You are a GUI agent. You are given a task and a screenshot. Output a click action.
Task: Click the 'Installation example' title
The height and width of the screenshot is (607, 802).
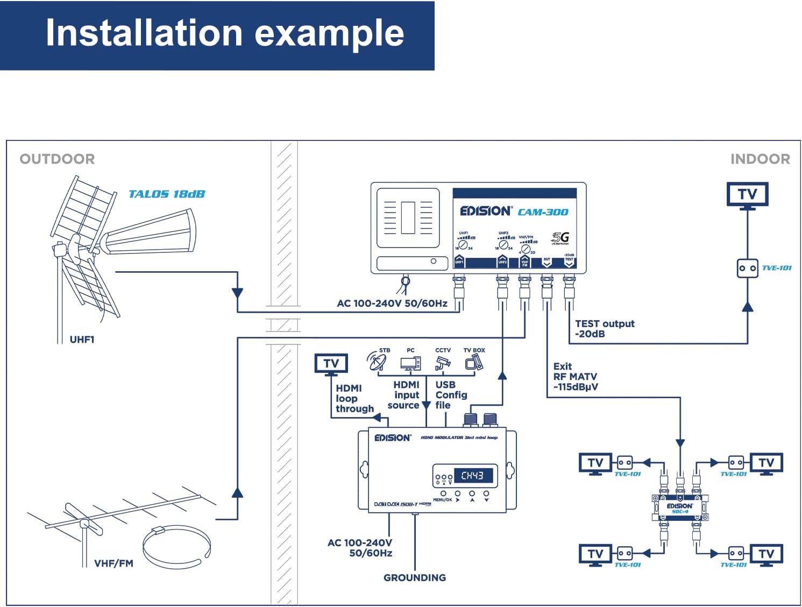pos(224,33)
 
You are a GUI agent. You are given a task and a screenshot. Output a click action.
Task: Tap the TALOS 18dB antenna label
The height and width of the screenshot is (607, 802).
pos(167,194)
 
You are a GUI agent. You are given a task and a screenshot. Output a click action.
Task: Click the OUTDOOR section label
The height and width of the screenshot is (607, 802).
pos(57,159)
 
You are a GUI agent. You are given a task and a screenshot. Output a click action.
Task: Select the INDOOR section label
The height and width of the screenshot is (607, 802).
pos(760,159)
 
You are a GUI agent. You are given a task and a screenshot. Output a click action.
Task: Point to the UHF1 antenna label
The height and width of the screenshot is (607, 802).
pos(82,340)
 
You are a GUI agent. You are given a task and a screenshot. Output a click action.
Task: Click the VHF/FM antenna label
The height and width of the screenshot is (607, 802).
pos(113,563)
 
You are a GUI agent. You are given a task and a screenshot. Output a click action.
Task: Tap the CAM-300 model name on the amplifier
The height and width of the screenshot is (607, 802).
pos(543,212)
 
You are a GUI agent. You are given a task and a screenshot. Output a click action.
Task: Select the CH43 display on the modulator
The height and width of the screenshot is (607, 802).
pos(472,476)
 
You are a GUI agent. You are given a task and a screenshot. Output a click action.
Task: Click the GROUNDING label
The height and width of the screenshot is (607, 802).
pos(414,577)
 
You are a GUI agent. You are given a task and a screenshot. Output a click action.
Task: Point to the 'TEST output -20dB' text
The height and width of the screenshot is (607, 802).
pos(604,328)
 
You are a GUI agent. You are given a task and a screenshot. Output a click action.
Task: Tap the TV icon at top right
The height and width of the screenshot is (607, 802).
pos(747,195)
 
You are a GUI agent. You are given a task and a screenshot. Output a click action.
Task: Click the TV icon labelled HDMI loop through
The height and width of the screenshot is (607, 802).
pos(331,364)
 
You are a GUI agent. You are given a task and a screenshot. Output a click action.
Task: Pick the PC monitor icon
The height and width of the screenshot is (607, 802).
pos(410,364)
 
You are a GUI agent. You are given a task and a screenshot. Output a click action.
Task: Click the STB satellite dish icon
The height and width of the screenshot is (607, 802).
pos(377,362)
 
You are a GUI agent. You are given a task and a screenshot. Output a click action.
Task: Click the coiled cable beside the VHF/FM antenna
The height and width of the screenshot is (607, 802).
pos(176,546)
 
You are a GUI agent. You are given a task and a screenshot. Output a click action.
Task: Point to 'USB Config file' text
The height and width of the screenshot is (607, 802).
pos(451,394)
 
